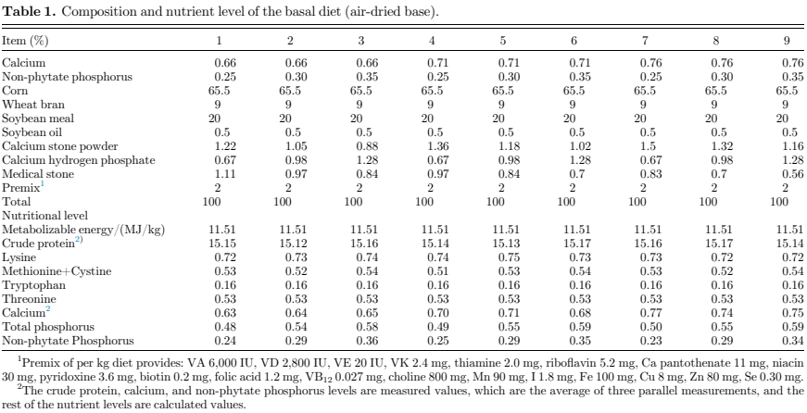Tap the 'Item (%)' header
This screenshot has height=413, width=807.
(x=26, y=41)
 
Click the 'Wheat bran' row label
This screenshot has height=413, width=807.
(x=29, y=105)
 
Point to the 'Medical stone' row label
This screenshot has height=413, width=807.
(x=34, y=173)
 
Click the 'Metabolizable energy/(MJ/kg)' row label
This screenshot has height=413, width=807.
(x=71, y=228)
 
